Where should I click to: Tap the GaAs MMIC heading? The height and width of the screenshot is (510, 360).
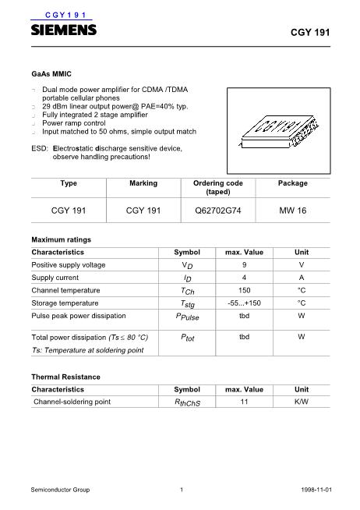point(51,73)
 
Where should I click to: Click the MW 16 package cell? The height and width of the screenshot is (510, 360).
point(292,209)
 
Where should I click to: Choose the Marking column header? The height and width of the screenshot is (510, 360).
point(142,183)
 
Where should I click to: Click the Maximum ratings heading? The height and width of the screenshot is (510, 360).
point(61,239)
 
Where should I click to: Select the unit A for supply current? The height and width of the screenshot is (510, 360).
point(301,278)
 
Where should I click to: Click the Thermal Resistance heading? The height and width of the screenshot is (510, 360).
point(65,377)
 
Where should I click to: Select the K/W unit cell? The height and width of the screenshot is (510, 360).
point(301,402)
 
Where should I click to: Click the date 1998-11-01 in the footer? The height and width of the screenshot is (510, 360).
point(316,490)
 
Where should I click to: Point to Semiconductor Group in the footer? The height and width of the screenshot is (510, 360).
point(60,490)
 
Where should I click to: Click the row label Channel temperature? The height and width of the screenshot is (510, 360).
point(65,290)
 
